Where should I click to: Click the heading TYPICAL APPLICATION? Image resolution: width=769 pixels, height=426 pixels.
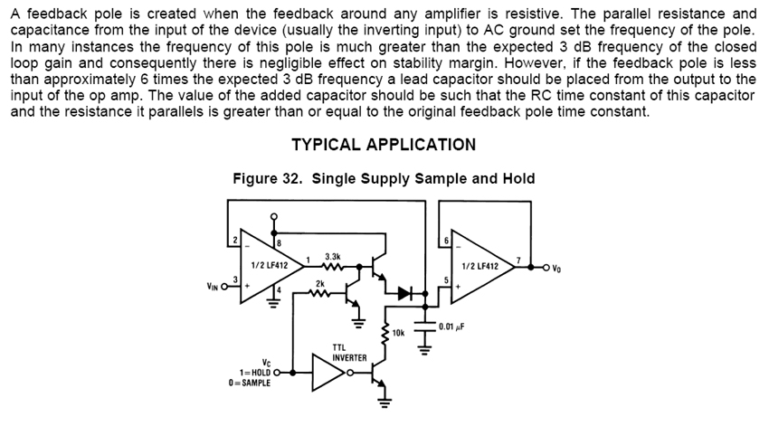click(384, 145)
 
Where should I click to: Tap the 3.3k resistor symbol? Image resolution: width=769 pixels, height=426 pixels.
click(332, 267)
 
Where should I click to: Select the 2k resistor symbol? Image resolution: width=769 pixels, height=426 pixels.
click(319, 292)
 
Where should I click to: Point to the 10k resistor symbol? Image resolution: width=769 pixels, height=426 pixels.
click(386, 334)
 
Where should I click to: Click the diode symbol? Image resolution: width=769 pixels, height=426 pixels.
click(404, 292)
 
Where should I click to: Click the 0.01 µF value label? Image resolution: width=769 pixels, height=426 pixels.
click(452, 327)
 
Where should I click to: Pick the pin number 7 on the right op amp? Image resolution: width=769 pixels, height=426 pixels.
click(518, 260)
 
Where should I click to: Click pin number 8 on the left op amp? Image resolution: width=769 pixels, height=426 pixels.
click(279, 241)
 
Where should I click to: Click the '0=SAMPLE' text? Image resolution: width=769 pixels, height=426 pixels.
click(250, 382)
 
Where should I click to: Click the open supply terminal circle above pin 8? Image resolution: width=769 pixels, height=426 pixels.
click(274, 216)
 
